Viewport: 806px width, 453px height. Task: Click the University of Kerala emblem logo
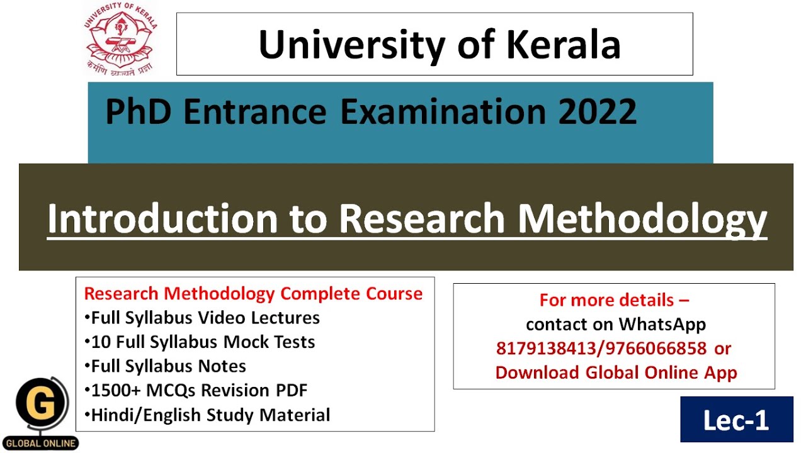pyautogui.click(x=120, y=38)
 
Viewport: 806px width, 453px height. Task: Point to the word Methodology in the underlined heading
pyautogui.click(x=642, y=218)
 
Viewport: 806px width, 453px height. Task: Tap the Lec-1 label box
pyautogui.click(x=736, y=420)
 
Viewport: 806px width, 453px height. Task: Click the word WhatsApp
pyautogui.click(x=662, y=324)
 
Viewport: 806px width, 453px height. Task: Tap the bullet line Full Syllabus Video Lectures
pyautogui.click(x=202, y=318)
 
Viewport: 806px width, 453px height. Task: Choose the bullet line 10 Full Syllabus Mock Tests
pyautogui.click(x=200, y=342)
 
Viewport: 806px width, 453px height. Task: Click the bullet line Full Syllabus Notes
pyautogui.click(x=165, y=366)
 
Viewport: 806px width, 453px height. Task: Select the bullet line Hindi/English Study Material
pyautogui.click(x=207, y=415)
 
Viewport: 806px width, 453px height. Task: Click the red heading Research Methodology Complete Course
pyautogui.click(x=253, y=293)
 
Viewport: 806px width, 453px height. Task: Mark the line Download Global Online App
pyautogui.click(x=616, y=372)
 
